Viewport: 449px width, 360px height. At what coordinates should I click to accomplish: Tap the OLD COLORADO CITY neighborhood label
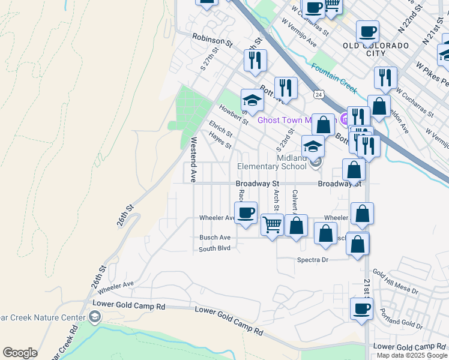click(x=376, y=49)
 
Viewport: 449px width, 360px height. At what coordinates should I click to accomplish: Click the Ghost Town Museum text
click(x=297, y=120)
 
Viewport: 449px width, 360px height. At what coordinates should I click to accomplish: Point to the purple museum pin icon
click(x=345, y=118)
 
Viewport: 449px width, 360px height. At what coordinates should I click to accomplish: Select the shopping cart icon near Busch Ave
click(x=273, y=226)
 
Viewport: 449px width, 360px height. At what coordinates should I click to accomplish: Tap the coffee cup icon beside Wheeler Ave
click(x=245, y=213)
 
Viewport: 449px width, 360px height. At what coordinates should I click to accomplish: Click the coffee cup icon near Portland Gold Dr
click(x=361, y=309)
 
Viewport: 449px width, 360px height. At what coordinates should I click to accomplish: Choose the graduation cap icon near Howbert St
click(x=253, y=100)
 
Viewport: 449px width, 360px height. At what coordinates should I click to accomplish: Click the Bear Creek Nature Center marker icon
click(x=94, y=316)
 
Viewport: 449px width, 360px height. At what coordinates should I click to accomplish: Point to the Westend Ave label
click(x=193, y=160)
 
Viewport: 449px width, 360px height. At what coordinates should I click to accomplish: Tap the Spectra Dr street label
click(x=313, y=260)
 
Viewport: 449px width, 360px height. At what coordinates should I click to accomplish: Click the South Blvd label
click(x=215, y=248)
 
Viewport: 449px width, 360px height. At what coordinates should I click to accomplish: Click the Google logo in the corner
click(x=20, y=353)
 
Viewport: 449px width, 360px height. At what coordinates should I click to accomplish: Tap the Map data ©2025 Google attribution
click(x=412, y=355)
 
